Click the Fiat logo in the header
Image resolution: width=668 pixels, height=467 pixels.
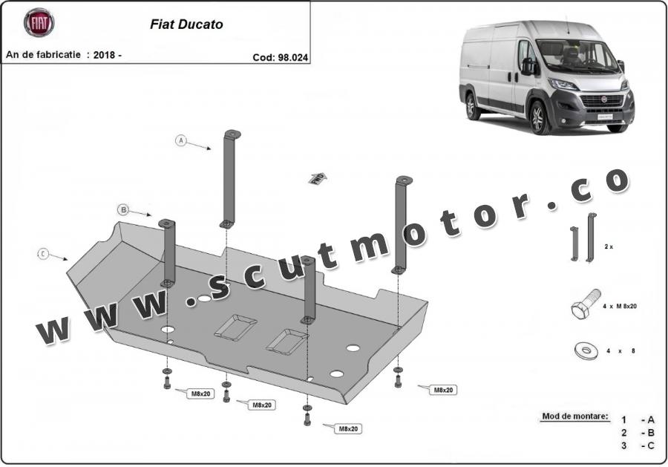[x=39, y=23]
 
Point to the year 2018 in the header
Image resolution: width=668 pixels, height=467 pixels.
[x=104, y=55]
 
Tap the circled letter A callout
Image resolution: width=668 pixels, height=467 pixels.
[x=180, y=140]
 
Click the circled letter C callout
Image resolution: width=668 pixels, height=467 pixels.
[x=43, y=255]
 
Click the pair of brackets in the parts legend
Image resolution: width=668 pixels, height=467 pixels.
[x=582, y=238]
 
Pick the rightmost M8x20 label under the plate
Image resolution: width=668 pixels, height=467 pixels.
[x=443, y=389]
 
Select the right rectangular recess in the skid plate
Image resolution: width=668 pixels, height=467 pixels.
[x=287, y=341]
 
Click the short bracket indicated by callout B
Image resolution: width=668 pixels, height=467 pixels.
[x=168, y=252]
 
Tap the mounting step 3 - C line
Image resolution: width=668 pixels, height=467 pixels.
[x=638, y=445]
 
